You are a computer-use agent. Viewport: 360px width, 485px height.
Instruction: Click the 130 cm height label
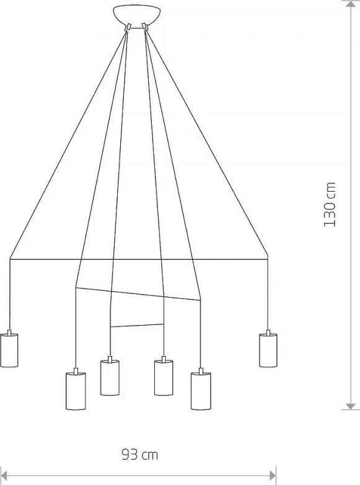pyautogui.click(x=330, y=204)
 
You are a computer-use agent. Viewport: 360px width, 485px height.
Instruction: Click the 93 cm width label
pyautogui.click(x=139, y=455)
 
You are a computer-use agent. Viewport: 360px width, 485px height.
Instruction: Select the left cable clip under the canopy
pyautogui.click(x=128, y=27)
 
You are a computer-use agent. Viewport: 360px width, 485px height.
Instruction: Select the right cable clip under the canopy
pyautogui.click(x=144, y=26)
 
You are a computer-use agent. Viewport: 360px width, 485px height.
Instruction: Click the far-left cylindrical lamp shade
pyautogui.click(x=9, y=350)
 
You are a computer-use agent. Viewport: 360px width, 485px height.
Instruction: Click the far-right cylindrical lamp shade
pyautogui.click(x=268, y=350)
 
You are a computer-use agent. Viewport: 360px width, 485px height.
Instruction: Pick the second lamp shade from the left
pyautogui.click(x=76, y=391)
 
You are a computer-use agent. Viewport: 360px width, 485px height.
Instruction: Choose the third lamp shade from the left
pyautogui.click(x=110, y=378)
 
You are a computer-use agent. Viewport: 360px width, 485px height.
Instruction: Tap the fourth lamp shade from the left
pyautogui.click(x=164, y=378)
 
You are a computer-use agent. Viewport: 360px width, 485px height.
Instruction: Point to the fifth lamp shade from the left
pyautogui.click(x=201, y=391)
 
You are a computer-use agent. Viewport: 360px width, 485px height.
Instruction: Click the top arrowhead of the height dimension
pyautogui.click(x=351, y=4)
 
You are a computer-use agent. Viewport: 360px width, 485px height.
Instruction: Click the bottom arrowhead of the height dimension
pyautogui.click(x=351, y=406)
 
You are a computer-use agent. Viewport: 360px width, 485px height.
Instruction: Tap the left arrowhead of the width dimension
pyautogui.click(x=4, y=476)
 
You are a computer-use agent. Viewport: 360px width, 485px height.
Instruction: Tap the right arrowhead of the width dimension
pyautogui.click(x=273, y=476)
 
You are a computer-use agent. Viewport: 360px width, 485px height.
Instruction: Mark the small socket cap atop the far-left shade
pyautogui.click(x=9, y=332)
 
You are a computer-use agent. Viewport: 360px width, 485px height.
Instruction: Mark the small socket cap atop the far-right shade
pyautogui.click(x=268, y=332)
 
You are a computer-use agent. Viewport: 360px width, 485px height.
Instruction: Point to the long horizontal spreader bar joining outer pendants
pyautogui.click(x=139, y=259)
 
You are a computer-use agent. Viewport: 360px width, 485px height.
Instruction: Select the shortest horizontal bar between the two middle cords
pyautogui.click(x=136, y=325)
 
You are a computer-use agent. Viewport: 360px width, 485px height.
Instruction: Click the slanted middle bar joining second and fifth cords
pyautogui.click(x=138, y=294)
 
